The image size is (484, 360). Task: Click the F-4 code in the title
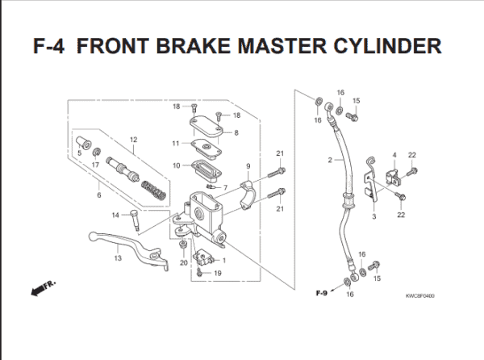pyautogui.click(x=55, y=45)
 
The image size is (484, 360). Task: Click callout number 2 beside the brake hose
pyautogui.click(x=331, y=161)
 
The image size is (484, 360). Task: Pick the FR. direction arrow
pyautogui.click(x=40, y=287)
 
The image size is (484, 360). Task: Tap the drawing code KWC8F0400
pyautogui.click(x=419, y=295)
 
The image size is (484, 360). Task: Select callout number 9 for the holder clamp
pyautogui.click(x=248, y=166)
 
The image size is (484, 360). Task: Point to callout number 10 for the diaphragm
pyautogui.click(x=175, y=165)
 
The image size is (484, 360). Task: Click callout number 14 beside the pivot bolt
pyautogui.click(x=115, y=214)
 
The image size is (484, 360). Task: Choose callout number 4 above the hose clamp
pyautogui.click(x=394, y=154)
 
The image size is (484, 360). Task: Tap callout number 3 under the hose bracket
pyautogui.click(x=373, y=217)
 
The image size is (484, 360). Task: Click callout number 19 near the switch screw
pyautogui.click(x=218, y=274)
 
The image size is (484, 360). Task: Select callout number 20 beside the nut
pyautogui.click(x=183, y=263)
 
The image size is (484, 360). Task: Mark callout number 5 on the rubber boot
pyautogui.click(x=79, y=152)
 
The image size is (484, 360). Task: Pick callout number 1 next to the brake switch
pyautogui.click(x=223, y=260)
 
